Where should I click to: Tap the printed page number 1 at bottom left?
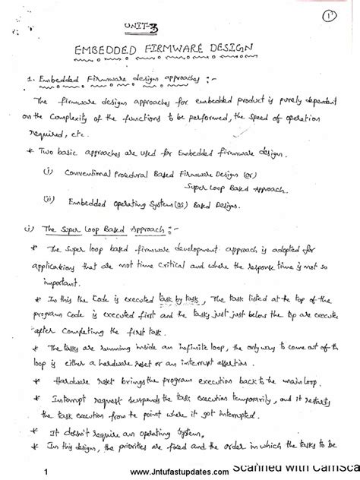pos(47,471)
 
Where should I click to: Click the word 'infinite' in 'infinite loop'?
pos(193,347)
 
